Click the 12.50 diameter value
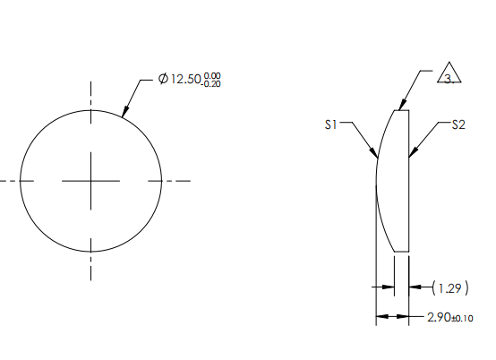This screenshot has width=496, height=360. pos(185,80)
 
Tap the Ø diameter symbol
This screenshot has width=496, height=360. pos(162,80)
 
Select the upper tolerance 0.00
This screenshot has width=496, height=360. pos(212,76)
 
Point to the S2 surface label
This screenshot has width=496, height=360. pos(458,125)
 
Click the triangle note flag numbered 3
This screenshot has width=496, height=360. pos(449,75)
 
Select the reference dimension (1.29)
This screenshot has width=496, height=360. pos(449,287)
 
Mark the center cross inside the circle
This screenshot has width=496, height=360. pos(90,181)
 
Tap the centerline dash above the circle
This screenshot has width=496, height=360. pos(90,93)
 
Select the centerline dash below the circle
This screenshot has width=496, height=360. pos(90,270)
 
